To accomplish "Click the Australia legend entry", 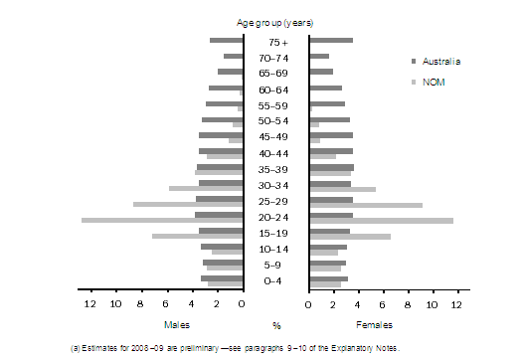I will tap(441, 62).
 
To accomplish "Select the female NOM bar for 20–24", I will tap(381, 220).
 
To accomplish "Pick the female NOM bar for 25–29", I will tap(366, 204).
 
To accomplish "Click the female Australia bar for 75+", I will tap(331, 40).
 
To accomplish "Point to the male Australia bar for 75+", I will tap(226, 40).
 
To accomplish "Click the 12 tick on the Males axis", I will tap(90, 303).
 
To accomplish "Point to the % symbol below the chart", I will tap(276, 325).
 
